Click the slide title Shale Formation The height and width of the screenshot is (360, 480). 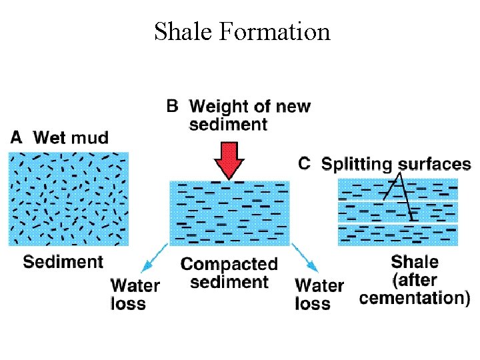pos(242,31)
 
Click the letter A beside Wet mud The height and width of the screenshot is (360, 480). pos(18,138)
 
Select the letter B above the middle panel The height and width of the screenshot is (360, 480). pos(172,105)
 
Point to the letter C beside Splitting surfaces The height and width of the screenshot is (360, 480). pos(304,163)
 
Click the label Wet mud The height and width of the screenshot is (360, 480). pos(71,138)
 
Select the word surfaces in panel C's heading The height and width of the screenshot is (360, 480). pos(435,164)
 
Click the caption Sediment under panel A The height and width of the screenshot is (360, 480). pos(63,261)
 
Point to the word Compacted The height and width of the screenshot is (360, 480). pos(229,265)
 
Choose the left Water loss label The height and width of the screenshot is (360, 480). pos(135,295)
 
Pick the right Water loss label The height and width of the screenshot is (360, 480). pos(319,295)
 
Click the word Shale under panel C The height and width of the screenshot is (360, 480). pos(414,261)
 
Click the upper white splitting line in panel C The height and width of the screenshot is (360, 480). pos(398,201)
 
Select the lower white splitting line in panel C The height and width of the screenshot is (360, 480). pos(398,223)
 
